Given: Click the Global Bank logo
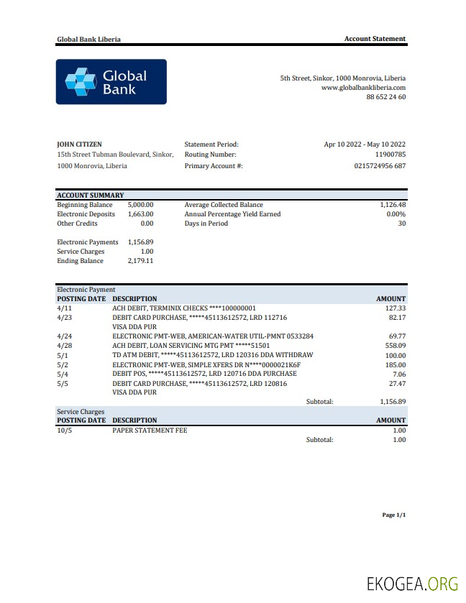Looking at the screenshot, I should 111,82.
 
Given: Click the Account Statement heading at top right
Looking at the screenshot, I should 375,39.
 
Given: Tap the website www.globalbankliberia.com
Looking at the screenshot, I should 363,87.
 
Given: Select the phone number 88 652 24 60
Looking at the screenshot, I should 386,96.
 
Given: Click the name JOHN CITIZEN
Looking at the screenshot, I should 79,144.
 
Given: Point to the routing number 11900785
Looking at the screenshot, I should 390,155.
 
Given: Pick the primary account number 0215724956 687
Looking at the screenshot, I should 380,166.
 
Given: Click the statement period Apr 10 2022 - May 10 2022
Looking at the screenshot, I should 365,144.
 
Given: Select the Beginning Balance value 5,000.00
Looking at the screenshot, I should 140,205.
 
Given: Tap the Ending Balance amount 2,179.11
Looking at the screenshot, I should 140,261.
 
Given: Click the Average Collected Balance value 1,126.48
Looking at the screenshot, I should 393,205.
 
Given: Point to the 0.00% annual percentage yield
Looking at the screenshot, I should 396,214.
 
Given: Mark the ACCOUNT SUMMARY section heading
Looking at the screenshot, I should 90,195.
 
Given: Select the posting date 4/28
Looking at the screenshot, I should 64,346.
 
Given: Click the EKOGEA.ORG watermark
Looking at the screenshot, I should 412,584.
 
